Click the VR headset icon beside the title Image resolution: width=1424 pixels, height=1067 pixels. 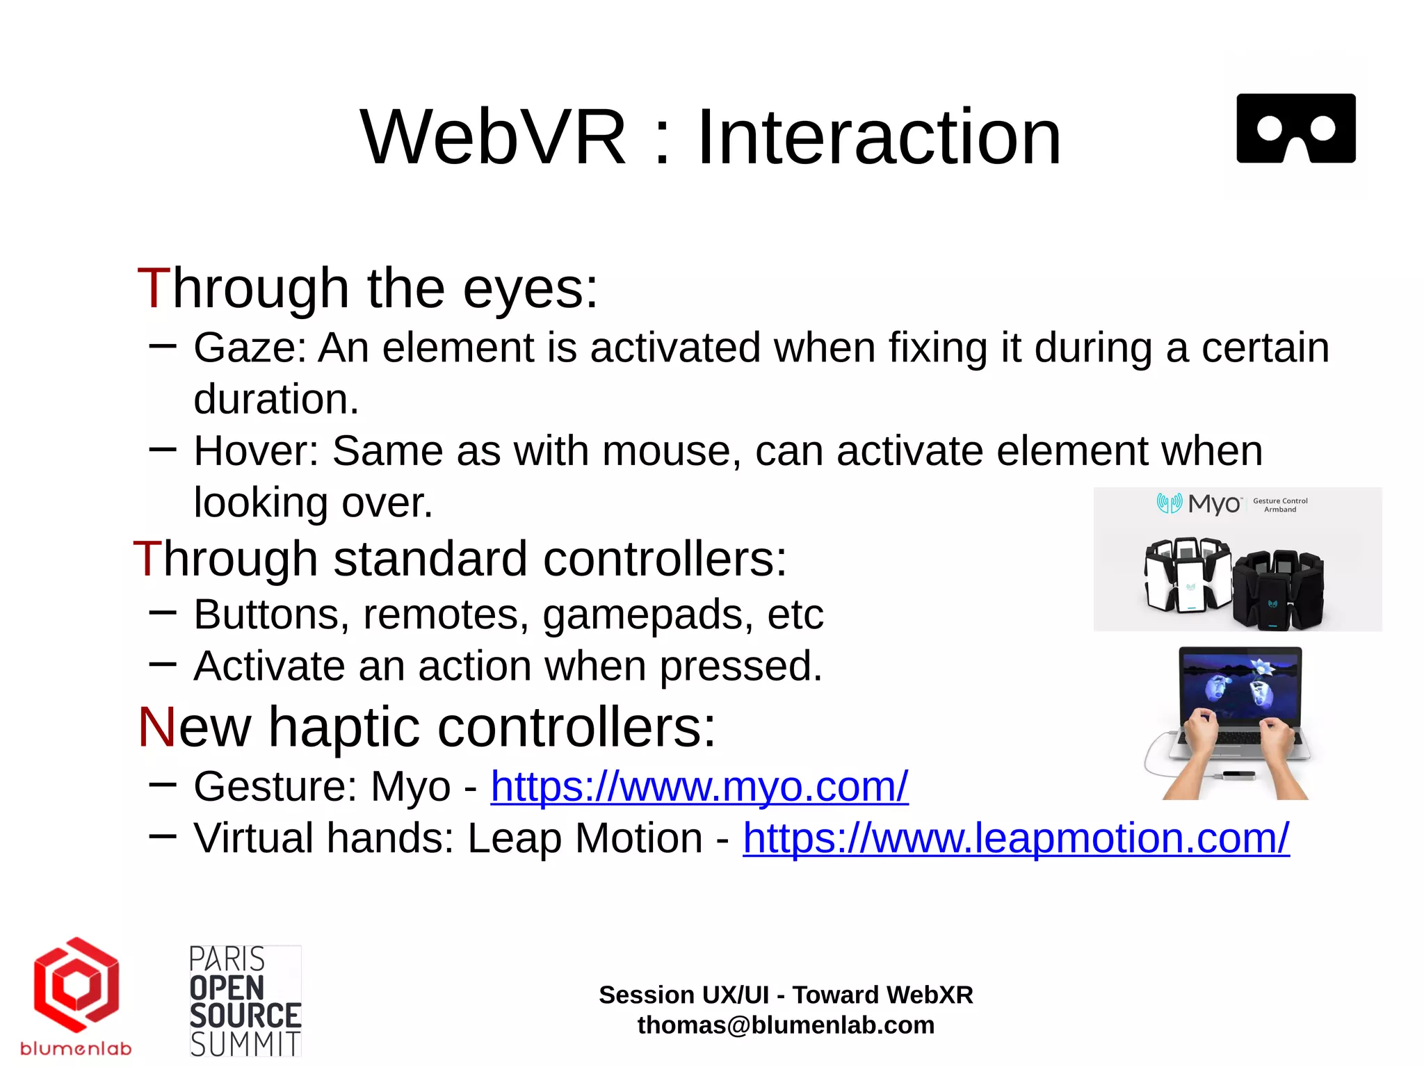[1295, 129]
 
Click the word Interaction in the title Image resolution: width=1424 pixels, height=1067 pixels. [879, 138]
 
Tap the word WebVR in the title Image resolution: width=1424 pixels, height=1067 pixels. [493, 138]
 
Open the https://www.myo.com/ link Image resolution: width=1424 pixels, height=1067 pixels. [699, 787]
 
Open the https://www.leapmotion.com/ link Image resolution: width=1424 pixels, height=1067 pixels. [1016, 838]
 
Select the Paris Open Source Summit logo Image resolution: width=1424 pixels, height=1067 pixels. [245, 1001]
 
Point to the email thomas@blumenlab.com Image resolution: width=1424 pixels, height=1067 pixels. [786, 1025]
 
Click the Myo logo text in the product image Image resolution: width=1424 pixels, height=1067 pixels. [1213, 503]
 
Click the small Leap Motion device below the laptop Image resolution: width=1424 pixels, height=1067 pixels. [1238, 775]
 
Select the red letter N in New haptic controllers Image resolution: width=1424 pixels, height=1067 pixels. [157, 728]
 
